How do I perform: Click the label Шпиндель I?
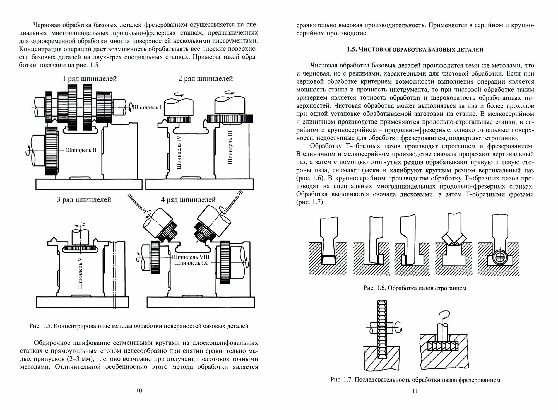click(x=147, y=107)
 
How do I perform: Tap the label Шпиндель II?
click(x=81, y=150)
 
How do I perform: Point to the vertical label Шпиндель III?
click(x=230, y=148)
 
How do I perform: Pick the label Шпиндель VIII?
click(x=191, y=257)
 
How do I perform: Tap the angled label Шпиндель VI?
click(x=137, y=204)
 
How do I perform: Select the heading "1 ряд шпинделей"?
click(x=90, y=79)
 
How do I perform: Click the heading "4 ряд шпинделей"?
click(x=188, y=200)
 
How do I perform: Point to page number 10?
click(x=139, y=390)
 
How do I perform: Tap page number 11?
click(x=415, y=391)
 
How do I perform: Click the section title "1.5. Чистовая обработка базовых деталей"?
click(x=415, y=50)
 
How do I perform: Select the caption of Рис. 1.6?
click(x=415, y=288)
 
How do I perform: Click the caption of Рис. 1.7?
click(x=415, y=380)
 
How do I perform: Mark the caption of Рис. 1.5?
click(x=139, y=326)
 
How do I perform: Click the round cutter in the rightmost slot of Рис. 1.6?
click(x=499, y=259)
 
